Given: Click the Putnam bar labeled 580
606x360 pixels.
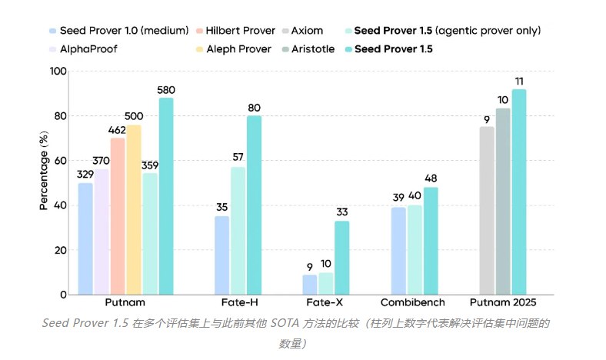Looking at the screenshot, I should [x=165, y=196].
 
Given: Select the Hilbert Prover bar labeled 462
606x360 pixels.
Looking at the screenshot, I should [x=118, y=216].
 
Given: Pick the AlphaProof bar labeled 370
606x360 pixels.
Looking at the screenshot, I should [x=102, y=232].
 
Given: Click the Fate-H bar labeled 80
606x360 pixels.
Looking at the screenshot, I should [x=254, y=205].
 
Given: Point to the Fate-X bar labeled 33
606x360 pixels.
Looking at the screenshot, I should [x=341, y=258].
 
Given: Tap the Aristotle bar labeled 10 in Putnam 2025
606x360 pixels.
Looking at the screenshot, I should [x=503, y=201].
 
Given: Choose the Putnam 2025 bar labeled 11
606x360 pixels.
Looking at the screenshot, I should [x=519, y=192].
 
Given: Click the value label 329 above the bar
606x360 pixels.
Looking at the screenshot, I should [x=85, y=175].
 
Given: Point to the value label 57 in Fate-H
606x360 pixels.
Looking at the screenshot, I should [x=238, y=158].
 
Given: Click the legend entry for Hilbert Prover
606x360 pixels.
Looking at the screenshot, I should [x=239, y=30].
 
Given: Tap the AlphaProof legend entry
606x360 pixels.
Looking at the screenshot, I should [x=88, y=48].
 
